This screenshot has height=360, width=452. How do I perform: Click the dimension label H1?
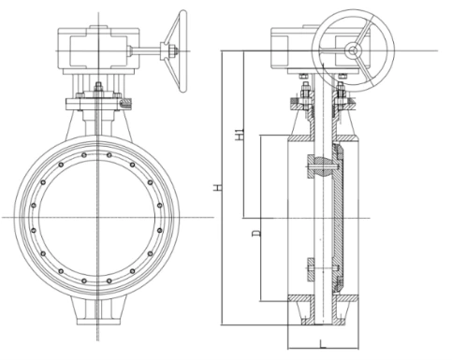coord(240,134)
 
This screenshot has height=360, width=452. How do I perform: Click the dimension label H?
coord(218,188)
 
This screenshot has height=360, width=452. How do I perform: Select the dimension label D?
coord(256,233)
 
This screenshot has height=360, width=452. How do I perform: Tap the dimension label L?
coord(323,344)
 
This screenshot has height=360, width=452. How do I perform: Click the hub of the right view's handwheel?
coord(353,50)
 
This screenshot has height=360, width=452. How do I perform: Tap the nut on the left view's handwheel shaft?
coord(172,50)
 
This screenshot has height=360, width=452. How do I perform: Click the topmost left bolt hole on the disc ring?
coord(84,155)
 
